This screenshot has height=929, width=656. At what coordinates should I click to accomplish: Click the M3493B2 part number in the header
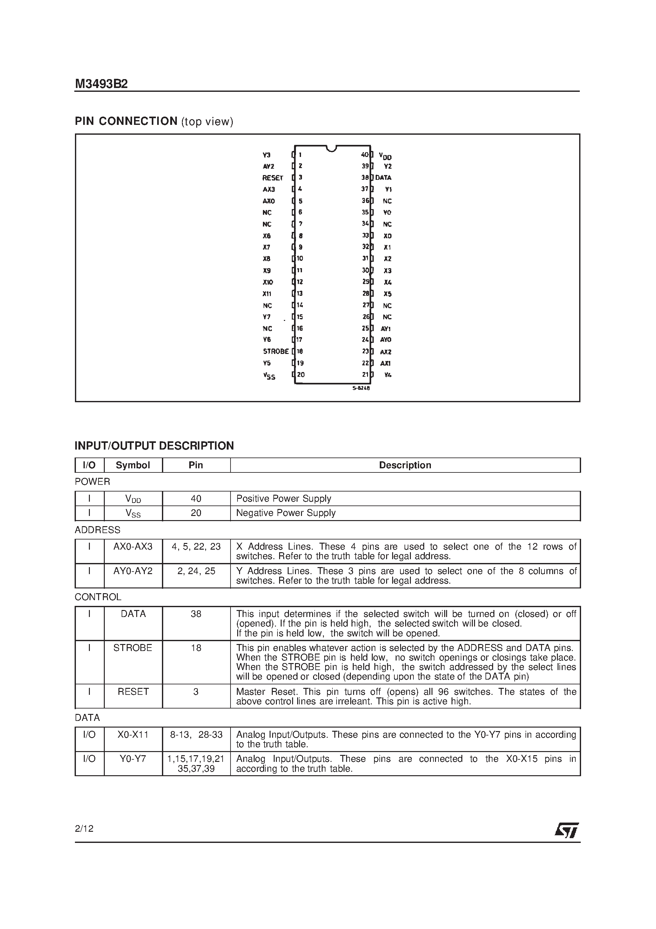click(x=101, y=84)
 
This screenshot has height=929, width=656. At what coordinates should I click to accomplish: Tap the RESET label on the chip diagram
click(x=272, y=178)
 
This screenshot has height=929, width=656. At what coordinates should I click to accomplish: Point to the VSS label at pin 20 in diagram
click(x=269, y=376)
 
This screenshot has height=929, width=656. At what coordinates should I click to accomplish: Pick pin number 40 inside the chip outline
click(x=365, y=154)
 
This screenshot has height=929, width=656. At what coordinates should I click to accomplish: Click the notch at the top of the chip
click(x=331, y=148)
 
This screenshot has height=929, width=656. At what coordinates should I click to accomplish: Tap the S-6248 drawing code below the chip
click(x=361, y=388)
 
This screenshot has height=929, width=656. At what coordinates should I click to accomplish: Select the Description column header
click(x=405, y=465)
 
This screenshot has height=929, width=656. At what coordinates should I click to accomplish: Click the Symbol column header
click(x=133, y=465)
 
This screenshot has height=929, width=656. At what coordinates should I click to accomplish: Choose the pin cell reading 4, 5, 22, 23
click(x=196, y=547)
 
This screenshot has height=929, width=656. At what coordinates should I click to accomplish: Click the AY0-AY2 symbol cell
click(x=133, y=571)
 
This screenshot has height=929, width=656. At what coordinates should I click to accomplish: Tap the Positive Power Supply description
click(x=284, y=498)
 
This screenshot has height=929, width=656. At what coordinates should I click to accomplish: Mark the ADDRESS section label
click(x=97, y=530)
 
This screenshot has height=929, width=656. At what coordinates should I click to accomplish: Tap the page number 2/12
click(x=84, y=829)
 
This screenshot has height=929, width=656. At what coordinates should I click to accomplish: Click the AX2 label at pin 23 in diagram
click(x=385, y=352)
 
